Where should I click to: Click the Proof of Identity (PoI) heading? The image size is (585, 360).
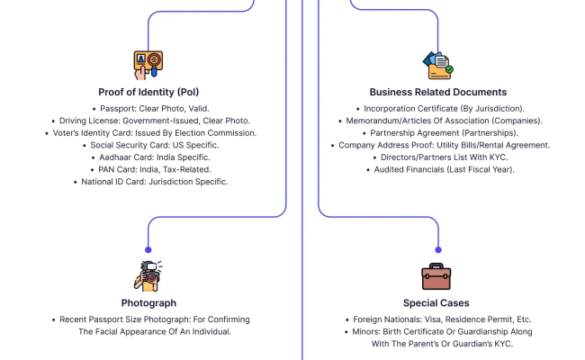148,92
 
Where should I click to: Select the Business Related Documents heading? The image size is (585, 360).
438,92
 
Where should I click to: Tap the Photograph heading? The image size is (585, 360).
148,302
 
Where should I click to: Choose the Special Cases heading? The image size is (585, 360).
438,302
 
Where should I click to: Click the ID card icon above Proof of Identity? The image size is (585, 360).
148,65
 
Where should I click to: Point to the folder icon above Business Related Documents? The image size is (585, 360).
438,65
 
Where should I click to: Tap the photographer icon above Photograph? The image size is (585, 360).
148,276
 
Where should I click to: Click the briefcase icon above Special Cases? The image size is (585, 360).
438,276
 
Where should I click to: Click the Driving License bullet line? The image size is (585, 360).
148,121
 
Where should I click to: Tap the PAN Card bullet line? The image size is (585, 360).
148,169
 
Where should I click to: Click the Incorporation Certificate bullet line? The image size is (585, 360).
438,108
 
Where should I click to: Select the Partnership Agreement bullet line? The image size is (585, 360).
438,132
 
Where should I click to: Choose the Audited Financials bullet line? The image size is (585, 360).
438,169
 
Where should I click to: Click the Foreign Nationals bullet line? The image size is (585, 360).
438,319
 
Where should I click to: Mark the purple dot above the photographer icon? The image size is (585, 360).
148,249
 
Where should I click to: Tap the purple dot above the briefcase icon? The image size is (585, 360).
438,249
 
